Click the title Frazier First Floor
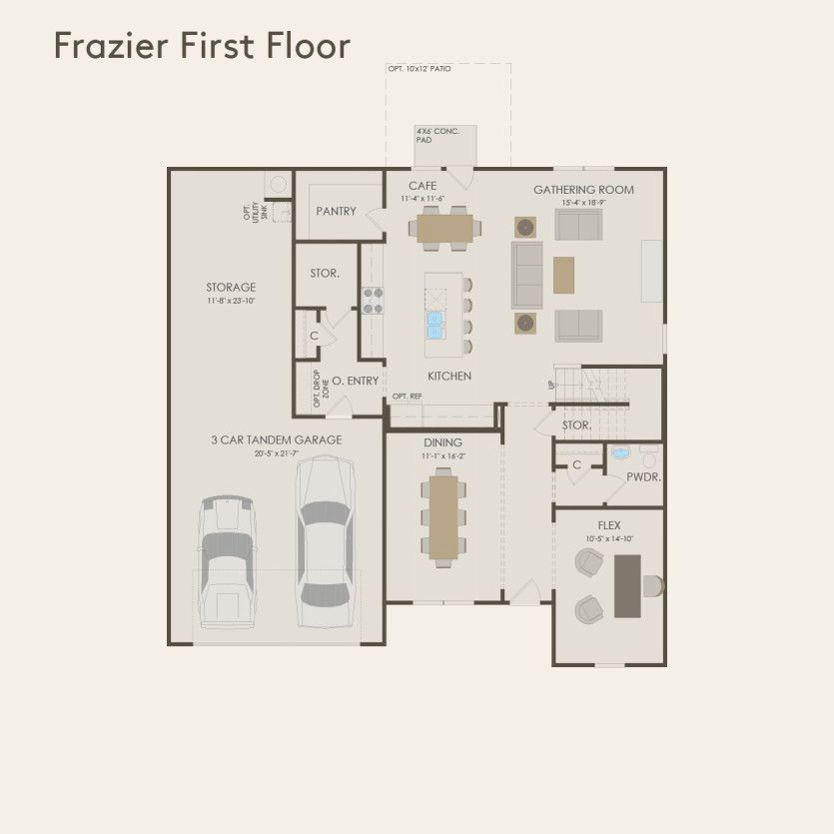click(x=202, y=46)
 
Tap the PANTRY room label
click(x=336, y=212)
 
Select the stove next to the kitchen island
click(x=373, y=301)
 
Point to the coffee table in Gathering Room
click(x=564, y=275)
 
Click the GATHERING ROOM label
click(x=583, y=190)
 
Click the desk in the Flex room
click(x=628, y=584)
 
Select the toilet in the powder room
click(x=650, y=458)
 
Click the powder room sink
click(x=620, y=453)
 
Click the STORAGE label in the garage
click(x=231, y=288)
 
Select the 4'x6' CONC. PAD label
click(x=437, y=135)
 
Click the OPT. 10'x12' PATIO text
click(x=420, y=69)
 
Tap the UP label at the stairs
click(x=550, y=385)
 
